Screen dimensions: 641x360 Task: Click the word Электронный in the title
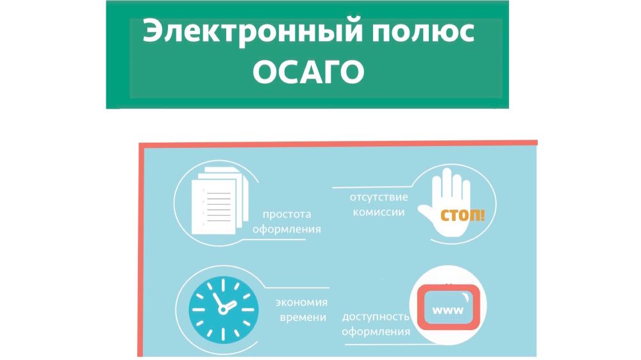(253, 31)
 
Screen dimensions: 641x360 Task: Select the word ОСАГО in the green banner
(309, 72)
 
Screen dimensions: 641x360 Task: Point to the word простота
(287, 215)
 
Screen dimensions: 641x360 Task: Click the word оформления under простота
(287, 229)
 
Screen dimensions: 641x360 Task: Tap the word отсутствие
(379, 197)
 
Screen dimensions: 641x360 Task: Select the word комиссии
(379, 212)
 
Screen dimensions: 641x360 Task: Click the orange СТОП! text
(462, 215)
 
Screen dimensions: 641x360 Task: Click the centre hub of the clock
(223, 309)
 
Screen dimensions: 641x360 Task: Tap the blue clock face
(223, 309)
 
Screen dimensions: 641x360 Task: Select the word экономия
(302, 302)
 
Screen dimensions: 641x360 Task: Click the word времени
(303, 318)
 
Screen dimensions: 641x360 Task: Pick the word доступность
(376, 317)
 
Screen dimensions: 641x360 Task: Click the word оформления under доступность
(376, 332)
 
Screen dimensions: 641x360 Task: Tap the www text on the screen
(448, 310)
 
